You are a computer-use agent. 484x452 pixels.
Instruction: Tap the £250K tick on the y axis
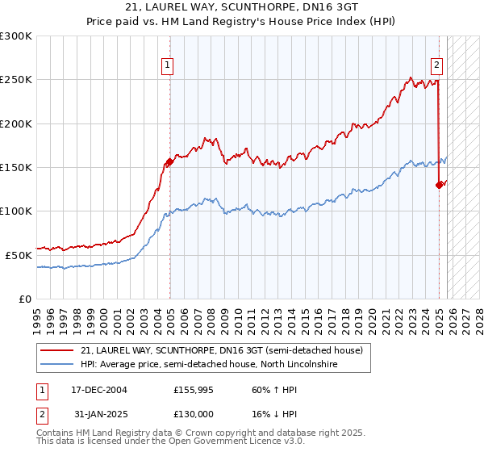[x=16, y=80]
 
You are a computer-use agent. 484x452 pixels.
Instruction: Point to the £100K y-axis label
[x=16, y=211]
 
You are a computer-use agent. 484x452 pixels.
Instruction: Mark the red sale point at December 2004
[x=170, y=162]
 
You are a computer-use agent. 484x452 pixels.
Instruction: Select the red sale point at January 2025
[x=440, y=185]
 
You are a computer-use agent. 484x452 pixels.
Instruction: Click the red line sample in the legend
[x=57, y=350]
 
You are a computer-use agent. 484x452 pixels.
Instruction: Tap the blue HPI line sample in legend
[x=57, y=365]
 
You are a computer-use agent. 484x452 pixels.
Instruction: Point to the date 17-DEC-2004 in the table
[x=94, y=390]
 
